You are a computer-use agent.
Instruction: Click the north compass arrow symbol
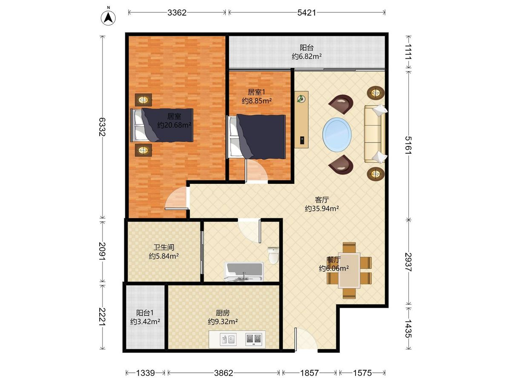(108, 18)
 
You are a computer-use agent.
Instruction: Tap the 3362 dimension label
(177, 13)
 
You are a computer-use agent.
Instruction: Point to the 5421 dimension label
(307, 13)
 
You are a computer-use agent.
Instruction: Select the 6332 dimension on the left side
(102, 127)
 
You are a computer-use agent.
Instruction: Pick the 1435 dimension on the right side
(408, 329)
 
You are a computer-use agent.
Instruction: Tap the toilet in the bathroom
(273, 255)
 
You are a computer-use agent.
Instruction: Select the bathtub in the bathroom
(244, 272)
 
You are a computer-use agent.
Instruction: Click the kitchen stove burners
(254, 339)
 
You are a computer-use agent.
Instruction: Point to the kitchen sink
(228, 339)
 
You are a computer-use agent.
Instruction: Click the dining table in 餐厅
(349, 271)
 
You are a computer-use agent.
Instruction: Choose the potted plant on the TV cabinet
(301, 99)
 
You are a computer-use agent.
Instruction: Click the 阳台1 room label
(145, 313)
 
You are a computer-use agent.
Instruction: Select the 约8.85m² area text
(256, 101)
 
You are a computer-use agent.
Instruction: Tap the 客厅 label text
(322, 200)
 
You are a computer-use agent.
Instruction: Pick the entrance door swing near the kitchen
(305, 339)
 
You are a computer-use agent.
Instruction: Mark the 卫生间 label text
(164, 247)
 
